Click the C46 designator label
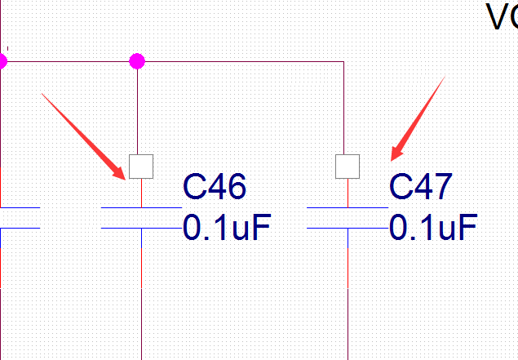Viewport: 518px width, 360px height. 215,187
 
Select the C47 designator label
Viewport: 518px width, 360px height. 420,187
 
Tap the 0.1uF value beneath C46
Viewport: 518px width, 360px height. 226,228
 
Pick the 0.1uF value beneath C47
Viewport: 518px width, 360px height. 432,228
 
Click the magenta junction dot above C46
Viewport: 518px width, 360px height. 137,60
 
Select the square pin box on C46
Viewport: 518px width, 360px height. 142,167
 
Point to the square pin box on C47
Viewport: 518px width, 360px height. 348,167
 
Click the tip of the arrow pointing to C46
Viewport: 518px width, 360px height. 126,178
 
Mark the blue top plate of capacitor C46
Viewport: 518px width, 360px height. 141,208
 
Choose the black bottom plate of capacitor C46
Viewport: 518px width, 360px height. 141,229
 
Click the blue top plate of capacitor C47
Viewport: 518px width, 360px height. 348,208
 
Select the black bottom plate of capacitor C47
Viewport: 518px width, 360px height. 348,229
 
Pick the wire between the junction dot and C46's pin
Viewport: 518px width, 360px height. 137,106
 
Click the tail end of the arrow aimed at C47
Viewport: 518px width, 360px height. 443,78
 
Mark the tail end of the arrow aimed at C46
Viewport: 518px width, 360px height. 42,94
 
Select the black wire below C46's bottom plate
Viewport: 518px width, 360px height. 142,294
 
